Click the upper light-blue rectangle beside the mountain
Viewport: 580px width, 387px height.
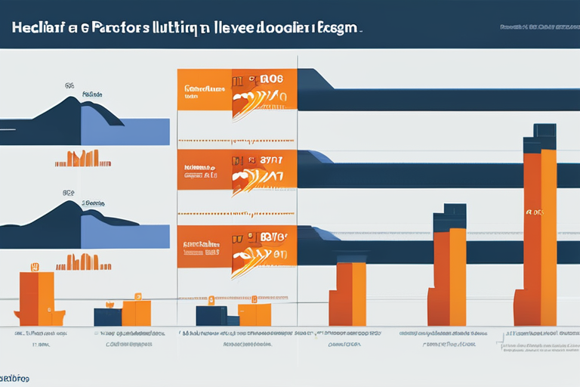(125, 131)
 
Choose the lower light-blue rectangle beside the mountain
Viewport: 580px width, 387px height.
(125, 237)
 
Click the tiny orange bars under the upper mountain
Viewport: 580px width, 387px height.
(83, 159)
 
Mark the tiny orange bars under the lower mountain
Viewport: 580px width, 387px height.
(83, 262)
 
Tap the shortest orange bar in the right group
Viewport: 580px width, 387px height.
(350, 294)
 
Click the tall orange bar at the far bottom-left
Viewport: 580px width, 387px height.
(36, 298)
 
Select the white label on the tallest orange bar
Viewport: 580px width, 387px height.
(533, 213)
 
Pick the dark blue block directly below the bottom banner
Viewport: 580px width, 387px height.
(212, 315)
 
